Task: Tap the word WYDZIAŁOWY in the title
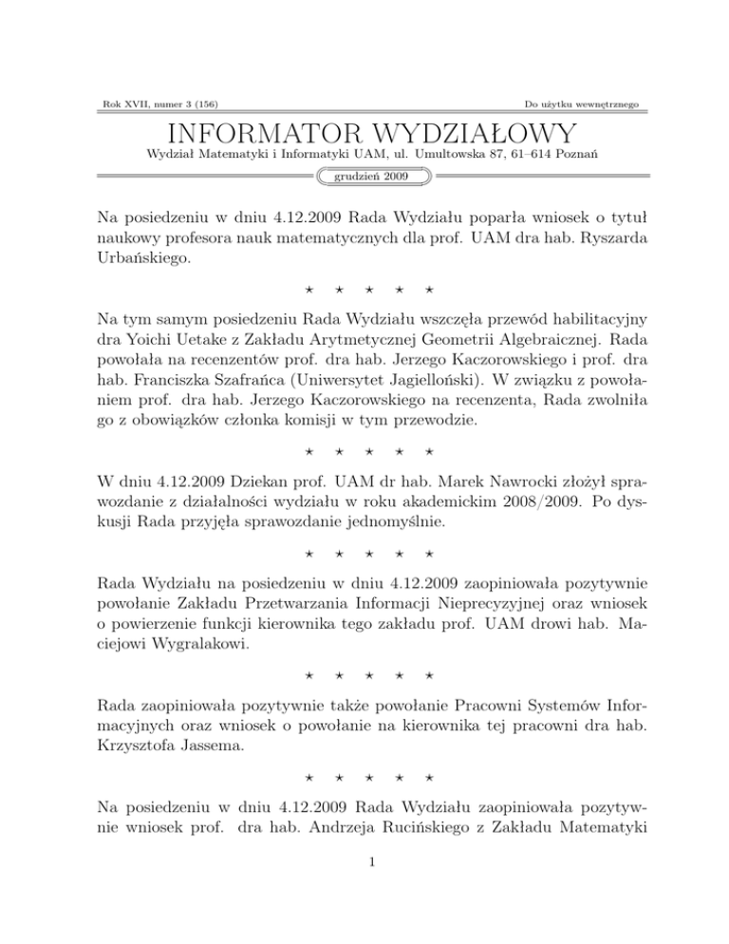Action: [482, 132]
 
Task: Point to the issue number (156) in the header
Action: [215, 101]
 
